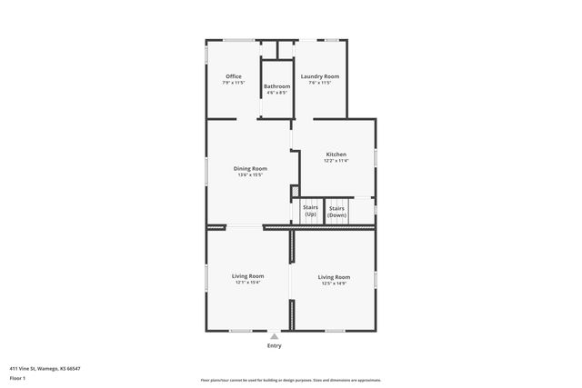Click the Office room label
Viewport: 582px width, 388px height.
coord(234,76)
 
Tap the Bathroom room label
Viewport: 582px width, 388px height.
coord(276,86)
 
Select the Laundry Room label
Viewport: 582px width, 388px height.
coord(320,76)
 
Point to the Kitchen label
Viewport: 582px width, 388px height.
coord(336,154)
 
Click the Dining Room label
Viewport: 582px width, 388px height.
coord(250,168)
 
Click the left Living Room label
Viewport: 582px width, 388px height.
coord(247,275)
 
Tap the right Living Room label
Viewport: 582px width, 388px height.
coord(334,276)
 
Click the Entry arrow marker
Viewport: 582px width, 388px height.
coord(274,336)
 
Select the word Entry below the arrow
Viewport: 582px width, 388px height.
coord(274,345)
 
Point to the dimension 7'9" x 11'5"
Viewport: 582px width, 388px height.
coord(234,83)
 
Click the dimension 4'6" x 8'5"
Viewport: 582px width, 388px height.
coord(276,93)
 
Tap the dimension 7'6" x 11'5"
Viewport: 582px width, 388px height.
coord(320,83)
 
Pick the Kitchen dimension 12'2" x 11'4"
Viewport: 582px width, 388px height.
coord(336,161)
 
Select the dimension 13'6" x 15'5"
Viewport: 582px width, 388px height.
coord(250,174)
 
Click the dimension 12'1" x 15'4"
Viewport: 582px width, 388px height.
coord(247,282)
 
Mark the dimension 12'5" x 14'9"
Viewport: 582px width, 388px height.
coord(334,283)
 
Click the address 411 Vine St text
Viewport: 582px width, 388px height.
coord(45,368)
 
